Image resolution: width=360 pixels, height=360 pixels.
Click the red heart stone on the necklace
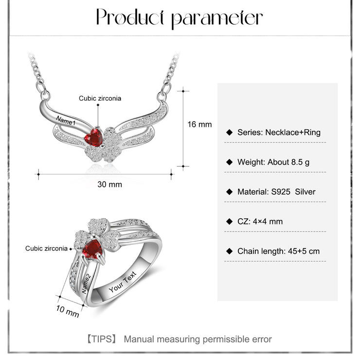click(x=94, y=138)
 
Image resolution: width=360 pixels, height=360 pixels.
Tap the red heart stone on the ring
click(x=92, y=249)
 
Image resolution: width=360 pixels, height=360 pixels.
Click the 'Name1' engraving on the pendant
click(x=66, y=121)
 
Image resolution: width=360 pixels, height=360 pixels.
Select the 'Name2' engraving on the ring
click(x=86, y=284)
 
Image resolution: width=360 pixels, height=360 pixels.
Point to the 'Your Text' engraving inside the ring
click(x=123, y=282)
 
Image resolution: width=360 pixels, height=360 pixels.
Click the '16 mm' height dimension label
click(x=199, y=125)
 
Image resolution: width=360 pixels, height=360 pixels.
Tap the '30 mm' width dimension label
click(x=110, y=184)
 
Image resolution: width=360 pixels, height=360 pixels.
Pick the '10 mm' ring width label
click(x=68, y=311)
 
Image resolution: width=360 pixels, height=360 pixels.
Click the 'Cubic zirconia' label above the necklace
click(x=100, y=98)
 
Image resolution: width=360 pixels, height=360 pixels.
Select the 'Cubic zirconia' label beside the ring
click(x=46, y=249)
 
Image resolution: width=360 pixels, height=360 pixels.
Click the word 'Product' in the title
click(x=130, y=17)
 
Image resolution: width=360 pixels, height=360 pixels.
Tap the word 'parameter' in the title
click(x=217, y=19)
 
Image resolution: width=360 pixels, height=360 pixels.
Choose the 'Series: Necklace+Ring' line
click(x=279, y=132)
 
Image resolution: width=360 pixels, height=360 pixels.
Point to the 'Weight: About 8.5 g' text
click(x=273, y=162)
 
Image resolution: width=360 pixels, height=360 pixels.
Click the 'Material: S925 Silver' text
click(x=276, y=192)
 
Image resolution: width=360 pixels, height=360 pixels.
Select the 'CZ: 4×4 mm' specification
click(x=260, y=221)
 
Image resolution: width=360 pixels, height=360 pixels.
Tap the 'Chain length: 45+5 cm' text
click(x=278, y=251)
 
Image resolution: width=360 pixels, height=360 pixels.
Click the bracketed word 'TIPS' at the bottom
click(x=102, y=339)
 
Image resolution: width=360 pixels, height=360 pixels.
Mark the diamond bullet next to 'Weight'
click(x=229, y=162)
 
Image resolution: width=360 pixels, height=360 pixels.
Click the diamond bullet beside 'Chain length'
click(x=229, y=251)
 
